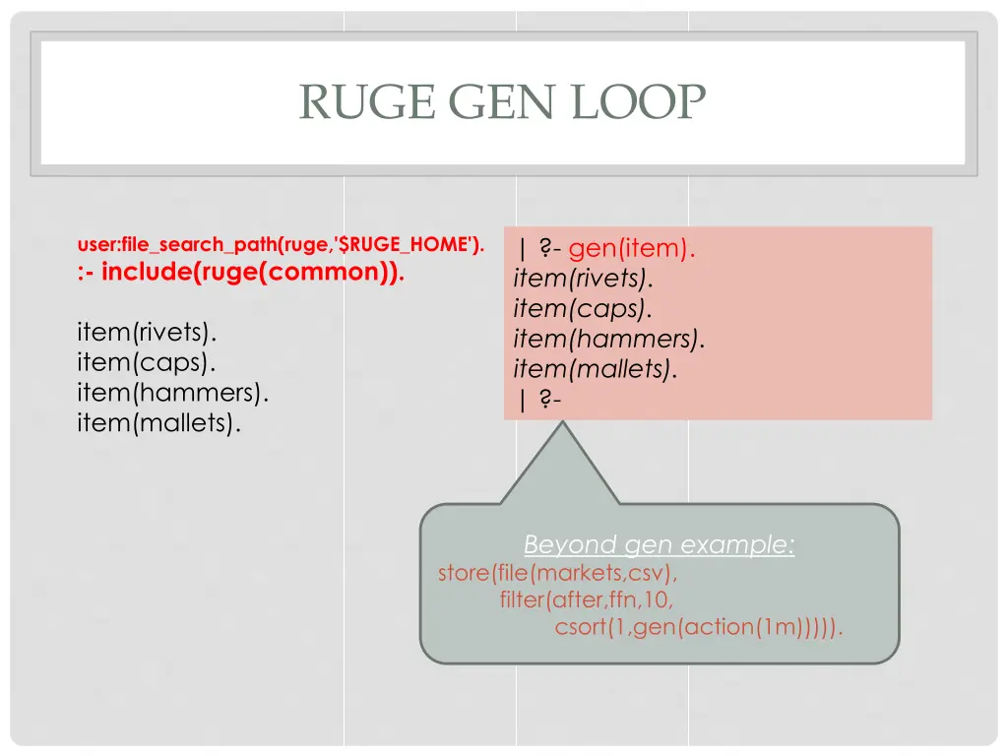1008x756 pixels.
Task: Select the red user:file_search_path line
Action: (281, 244)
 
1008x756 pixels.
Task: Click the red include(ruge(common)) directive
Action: (240, 273)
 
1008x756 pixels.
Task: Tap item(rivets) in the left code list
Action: (147, 330)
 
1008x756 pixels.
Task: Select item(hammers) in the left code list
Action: (172, 393)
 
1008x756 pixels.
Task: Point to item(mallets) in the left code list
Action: (158, 424)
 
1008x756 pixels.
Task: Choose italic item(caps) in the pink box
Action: (582, 309)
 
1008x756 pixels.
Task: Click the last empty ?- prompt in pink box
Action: (537, 400)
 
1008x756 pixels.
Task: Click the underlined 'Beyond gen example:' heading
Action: (659, 544)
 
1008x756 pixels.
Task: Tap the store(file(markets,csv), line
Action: (558, 573)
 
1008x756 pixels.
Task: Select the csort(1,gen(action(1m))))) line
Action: (699, 627)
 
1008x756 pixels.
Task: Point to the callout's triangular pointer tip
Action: (562, 425)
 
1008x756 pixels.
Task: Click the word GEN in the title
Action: (503, 101)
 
